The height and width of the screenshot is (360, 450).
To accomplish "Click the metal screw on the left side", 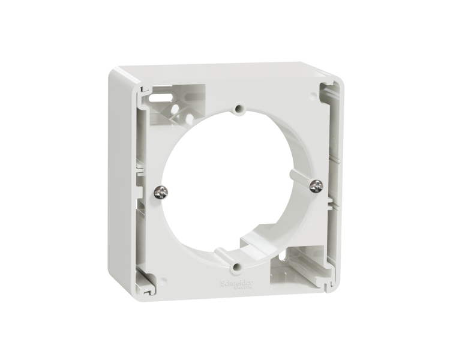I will click(161, 192).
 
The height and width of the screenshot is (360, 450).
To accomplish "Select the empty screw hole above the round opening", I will click(239, 110).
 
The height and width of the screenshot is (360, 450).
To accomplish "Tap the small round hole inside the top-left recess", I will click(181, 113).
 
